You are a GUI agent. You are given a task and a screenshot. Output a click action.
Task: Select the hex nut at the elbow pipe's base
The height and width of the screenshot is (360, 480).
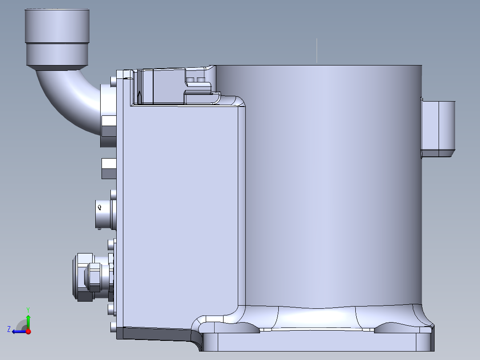tap(109, 126)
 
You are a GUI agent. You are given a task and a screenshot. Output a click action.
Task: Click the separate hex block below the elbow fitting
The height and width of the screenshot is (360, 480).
tap(109, 168)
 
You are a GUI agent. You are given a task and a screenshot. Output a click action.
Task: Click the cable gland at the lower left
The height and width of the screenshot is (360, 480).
tap(87, 276)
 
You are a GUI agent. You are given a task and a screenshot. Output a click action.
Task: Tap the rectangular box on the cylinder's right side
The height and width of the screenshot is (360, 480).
tap(438, 129)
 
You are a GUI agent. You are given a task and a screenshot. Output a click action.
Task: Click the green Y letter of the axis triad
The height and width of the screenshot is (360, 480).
tap(28, 309)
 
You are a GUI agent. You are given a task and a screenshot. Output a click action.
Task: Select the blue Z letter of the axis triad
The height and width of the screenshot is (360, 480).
tap(9, 329)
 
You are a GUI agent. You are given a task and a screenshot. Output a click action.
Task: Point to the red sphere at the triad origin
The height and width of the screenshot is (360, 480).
tap(28, 331)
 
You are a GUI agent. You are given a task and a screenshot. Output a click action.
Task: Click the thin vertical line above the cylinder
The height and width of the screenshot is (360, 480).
tap(317, 50)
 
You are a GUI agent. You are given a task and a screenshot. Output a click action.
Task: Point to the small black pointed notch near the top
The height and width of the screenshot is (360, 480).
tap(139, 96)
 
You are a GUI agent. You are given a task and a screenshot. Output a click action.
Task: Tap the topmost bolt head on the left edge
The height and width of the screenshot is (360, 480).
tap(113, 82)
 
